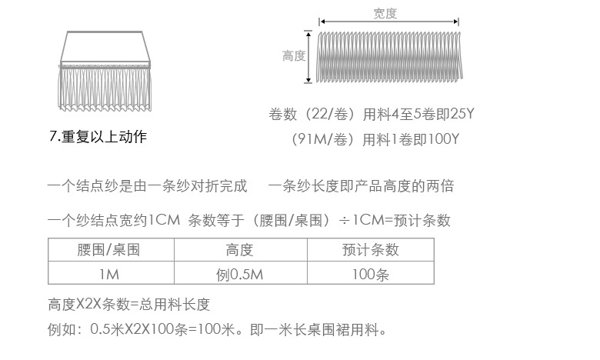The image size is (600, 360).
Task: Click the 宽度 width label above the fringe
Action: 385,13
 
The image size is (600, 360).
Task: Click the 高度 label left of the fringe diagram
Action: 294,56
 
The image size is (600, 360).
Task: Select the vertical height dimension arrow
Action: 310,56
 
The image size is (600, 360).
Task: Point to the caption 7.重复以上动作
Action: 98,138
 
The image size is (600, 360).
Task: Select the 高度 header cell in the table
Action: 240,250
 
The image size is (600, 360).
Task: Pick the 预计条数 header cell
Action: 371,250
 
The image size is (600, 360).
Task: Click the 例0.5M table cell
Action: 240,273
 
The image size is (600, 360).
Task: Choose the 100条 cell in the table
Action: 371,273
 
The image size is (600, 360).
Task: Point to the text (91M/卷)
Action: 323,139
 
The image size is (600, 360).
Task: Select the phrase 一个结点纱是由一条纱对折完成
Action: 148,186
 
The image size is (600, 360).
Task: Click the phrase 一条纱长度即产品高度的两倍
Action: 362,186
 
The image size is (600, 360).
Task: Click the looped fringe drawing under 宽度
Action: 391,56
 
